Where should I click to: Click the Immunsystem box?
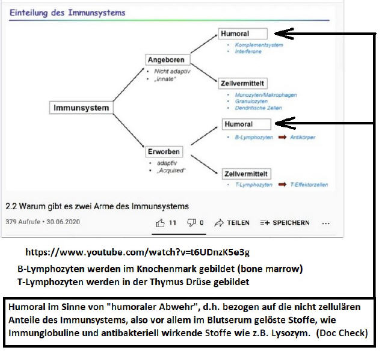(82, 108)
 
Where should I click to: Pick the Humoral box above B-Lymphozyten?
(246, 124)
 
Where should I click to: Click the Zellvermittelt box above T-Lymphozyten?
(246, 174)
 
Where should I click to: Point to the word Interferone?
(248, 52)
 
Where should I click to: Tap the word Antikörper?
(303, 137)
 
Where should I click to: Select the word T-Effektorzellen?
(309, 185)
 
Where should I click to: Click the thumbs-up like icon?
(160, 223)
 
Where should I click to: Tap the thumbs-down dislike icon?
(191, 223)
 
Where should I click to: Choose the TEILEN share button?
(232, 223)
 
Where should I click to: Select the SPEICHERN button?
(285, 223)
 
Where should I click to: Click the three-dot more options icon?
(326, 223)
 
